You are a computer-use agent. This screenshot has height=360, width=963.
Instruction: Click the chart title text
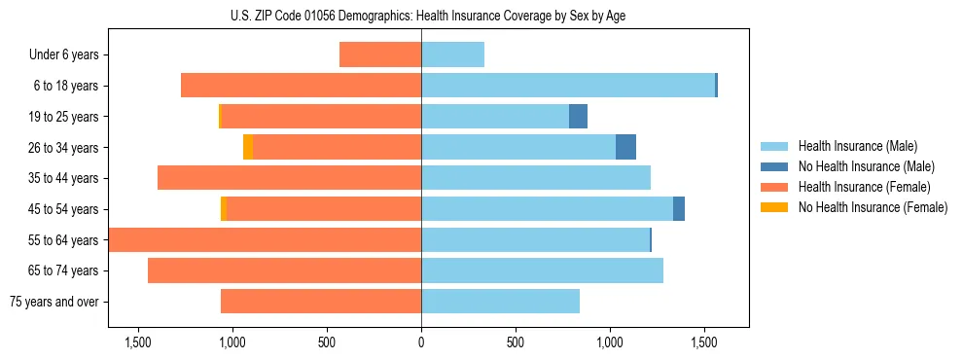[x=421, y=16]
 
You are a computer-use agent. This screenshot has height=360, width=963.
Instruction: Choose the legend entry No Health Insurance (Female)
[x=873, y=207]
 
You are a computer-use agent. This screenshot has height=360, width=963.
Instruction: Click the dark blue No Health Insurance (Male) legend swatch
[x=774, y=166]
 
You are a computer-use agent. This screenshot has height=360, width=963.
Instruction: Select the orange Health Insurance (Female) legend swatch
[x=774, y=187]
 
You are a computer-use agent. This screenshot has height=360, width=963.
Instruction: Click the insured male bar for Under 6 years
[x=452, y=54]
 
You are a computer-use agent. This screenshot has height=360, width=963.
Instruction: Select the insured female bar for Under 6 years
[x=380, y=54]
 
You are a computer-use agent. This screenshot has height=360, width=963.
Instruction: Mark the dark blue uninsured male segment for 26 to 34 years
[x=625, y=147]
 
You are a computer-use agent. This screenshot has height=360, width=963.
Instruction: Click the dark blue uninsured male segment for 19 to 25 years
[x=578, y=117]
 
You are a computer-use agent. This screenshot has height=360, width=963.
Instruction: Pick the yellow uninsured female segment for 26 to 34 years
[x=248, y=147]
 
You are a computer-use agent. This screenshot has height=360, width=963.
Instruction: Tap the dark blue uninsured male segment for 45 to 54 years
[x=679, y=209]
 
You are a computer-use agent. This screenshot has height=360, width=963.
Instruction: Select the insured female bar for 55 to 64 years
[x=265, y=239]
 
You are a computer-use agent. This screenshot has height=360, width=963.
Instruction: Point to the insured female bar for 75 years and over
[x=321, y=302]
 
